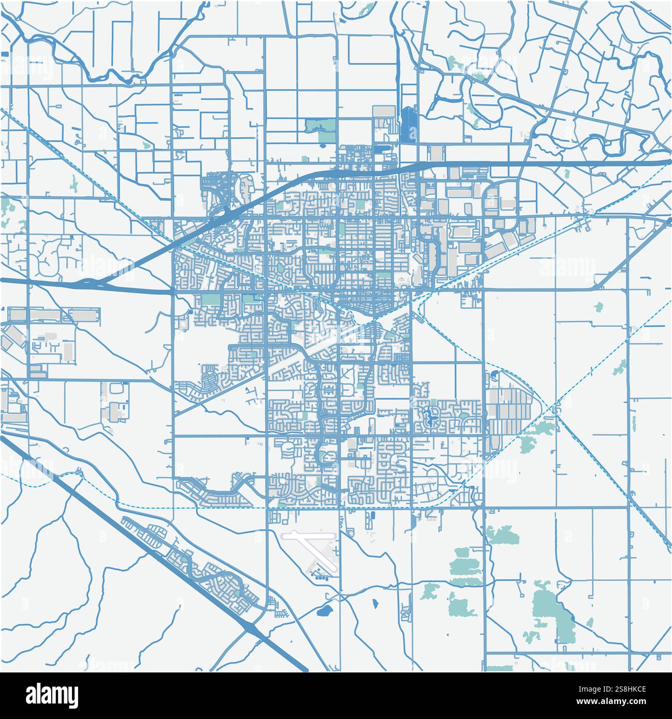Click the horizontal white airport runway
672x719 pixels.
pyautogui.click(x=309, y=533)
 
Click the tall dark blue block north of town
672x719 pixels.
pyautogui.click(x=409, y=124)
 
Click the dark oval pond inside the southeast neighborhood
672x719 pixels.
pyautogui.click(x=428, y=414)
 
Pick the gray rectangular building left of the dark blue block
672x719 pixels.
pyautogui.click(x=383, y=112)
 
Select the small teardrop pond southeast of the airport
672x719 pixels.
pyautogui.click(x=374, y=603)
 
